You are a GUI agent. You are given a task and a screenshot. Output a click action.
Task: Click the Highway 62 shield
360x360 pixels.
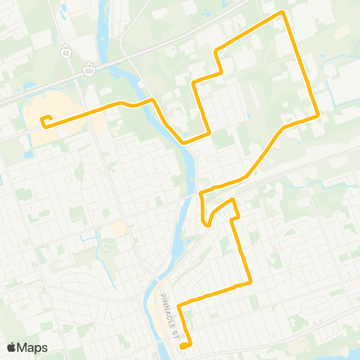pyautogui.click(x=67, y=54)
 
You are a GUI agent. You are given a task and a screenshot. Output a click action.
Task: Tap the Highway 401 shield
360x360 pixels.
pyautogui.click(x=89, y=68)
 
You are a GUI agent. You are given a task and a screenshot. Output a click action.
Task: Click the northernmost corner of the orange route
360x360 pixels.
pyautogui.click(x=282, y=12)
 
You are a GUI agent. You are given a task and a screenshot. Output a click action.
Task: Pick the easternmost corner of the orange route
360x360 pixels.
pyautogui.click(x=319, y=115)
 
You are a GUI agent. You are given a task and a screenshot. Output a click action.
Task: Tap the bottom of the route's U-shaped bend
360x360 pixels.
pyautogui.click(x=206, y=223)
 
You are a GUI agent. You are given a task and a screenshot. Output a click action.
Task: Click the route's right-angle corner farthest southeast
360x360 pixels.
pyautogui.click(x=250, y=283)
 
